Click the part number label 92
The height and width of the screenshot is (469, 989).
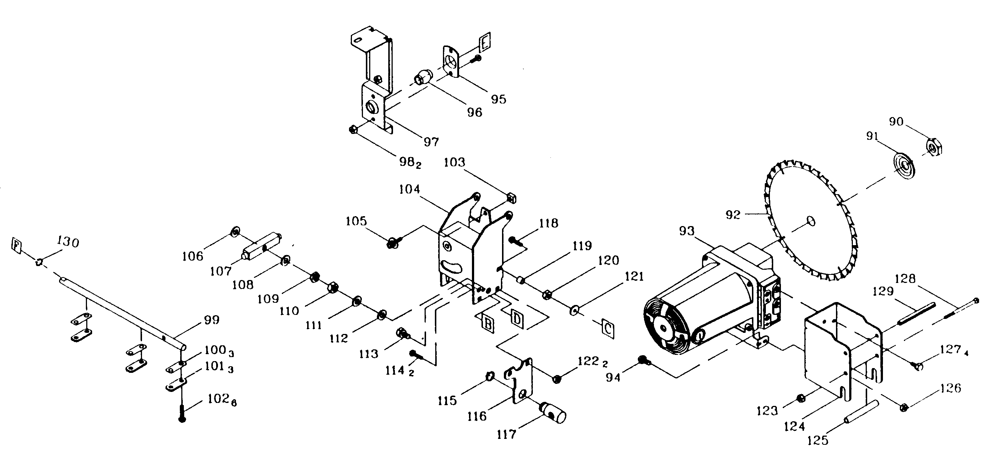click(732, 215)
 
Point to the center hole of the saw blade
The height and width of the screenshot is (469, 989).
click(811, 221)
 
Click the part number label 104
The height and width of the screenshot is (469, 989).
click(409, 189)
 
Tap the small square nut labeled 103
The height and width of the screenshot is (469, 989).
click(512, 199)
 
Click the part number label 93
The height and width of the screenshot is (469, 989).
click(687, 231)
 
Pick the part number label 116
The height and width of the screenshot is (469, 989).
click(477, 416)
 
